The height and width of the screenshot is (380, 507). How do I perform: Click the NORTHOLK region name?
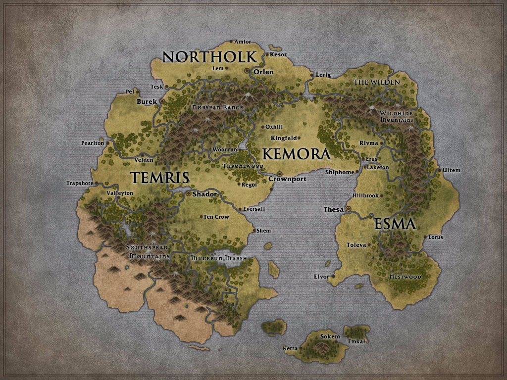coord(209,57)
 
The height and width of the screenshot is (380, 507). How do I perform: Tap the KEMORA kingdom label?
coord(296,154)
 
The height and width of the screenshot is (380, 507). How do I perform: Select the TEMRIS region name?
coord(159,178)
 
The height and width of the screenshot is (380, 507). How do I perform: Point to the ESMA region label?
coord(395,224)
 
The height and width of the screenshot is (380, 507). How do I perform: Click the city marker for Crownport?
coord(279,174)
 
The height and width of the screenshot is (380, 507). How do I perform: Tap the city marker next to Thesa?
coord(349,209)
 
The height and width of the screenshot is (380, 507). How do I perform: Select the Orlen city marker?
coord(247,71)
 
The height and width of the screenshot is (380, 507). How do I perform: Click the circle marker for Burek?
coord(162,101)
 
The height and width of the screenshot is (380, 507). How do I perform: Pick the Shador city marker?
coord(188,194)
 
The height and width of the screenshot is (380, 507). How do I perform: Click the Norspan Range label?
coord(217,107)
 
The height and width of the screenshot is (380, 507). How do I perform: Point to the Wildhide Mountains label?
coord(396,117)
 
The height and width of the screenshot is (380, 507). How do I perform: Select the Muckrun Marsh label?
coord(219,258)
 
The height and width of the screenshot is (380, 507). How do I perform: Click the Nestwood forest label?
coord(405,277)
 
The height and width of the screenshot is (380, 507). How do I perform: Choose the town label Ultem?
coord(452,171)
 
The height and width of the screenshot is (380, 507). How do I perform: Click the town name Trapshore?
coord(80,184)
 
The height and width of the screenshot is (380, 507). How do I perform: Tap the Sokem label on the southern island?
coord(330,337)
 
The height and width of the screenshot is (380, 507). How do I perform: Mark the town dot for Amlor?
coord(231,42)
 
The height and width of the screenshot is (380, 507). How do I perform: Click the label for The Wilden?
coord(376,82)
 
